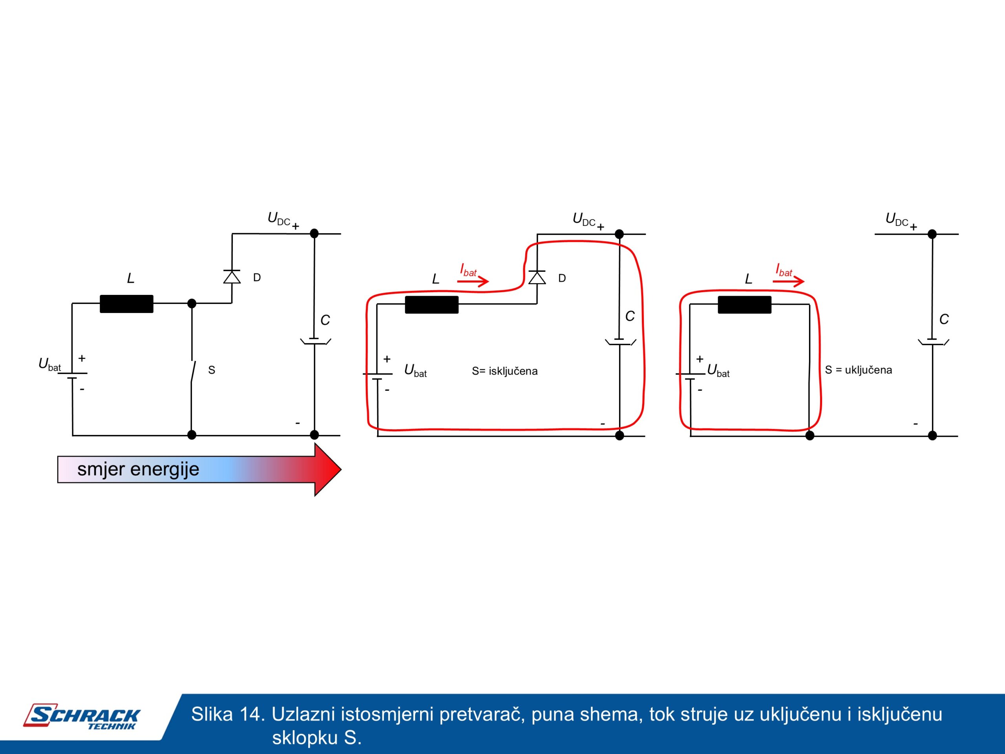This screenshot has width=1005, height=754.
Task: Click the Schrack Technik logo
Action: coord(82,717)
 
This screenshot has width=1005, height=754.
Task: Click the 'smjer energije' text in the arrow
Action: coord(138,469)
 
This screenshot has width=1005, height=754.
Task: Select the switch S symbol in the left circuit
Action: coord(193,372)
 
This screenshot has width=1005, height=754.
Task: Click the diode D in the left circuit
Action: coord(232,277)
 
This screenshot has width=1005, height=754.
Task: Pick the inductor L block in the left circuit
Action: coord(126,304)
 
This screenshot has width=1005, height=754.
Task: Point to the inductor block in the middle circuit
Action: coord(431,304)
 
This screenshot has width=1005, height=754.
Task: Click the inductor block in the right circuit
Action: coord(744,304)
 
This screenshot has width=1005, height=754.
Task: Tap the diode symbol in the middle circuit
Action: coord(537,277)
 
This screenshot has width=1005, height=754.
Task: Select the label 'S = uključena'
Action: coord(858,370)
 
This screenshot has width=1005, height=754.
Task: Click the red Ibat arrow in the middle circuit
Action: coord(473,281)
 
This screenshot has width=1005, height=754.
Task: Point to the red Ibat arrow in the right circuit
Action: coord(788,281)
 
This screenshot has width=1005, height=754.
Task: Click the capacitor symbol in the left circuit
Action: coord(314,341)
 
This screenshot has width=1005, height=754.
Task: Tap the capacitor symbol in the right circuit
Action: coord(932,341)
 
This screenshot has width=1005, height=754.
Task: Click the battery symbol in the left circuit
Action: coord(73,375)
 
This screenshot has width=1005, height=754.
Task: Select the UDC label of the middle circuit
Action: coord(584,220)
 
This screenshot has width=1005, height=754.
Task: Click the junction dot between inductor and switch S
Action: coord(192,303)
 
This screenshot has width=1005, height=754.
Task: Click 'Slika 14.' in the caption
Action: coord(227,714)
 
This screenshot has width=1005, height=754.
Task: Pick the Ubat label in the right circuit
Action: coord(718,370)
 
